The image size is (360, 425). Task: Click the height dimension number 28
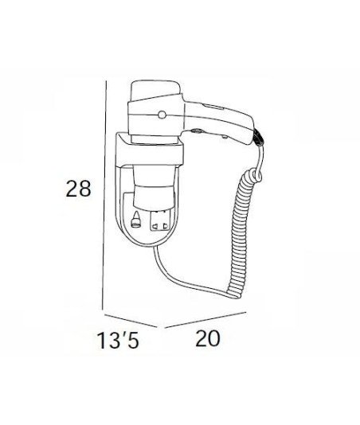(78, 189)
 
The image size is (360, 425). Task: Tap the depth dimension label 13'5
(118, 341)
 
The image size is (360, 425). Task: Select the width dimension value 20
(208, 338)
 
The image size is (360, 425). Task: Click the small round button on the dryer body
(162, 115)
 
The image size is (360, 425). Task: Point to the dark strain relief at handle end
(258, 138)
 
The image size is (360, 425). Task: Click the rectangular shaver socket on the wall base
(161, 220)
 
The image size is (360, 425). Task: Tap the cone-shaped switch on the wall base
(135, 220)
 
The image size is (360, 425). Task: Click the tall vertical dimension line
(104, 195)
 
